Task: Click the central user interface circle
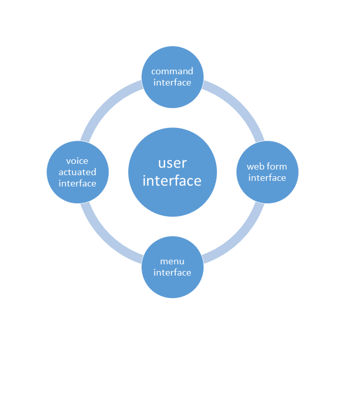coord(172,172)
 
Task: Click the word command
coord(172,71)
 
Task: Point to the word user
coord(172,163)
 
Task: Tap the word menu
coord(172,261)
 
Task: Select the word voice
coord(77,161)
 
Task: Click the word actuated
coord(77,172)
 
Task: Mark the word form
coord(277,166)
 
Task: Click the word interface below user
coord(172,181)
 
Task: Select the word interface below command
coord(172,82)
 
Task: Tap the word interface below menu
coord(172,273)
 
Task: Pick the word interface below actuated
coord(77,183)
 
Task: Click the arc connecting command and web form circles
coord(239,105)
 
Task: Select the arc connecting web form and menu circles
coord(239,239)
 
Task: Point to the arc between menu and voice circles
coord(105,239)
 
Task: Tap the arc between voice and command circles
coord(105,105)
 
